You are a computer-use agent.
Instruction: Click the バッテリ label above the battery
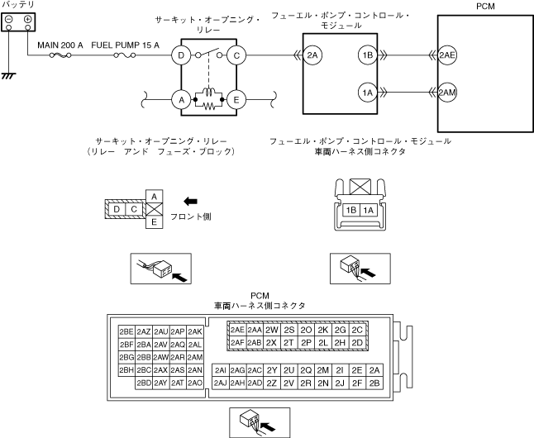[x=18, y=6]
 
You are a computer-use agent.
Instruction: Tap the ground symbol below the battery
[x=10, y=75]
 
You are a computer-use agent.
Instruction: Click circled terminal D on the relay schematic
[x=179, y=55]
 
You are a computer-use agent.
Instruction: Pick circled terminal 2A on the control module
[x=312, y=55]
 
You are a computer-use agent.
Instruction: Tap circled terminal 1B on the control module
[x=367, y=55]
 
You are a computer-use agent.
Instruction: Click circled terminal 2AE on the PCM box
[x=447, y=55]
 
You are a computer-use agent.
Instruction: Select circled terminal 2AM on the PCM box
[x=447, y=92]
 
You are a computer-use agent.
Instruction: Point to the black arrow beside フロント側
[x=192, y=200]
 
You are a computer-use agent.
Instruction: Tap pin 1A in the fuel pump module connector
[x=369, y=211]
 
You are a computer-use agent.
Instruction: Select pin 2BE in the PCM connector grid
[x=126, y=331]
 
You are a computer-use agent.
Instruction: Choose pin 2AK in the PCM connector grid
[x=195, y=331]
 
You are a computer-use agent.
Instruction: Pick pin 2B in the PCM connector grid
[x=374, y=383]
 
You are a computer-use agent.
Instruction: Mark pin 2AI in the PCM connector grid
[x=221, y=370]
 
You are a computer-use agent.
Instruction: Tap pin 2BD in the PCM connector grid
[x=144, y=383]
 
